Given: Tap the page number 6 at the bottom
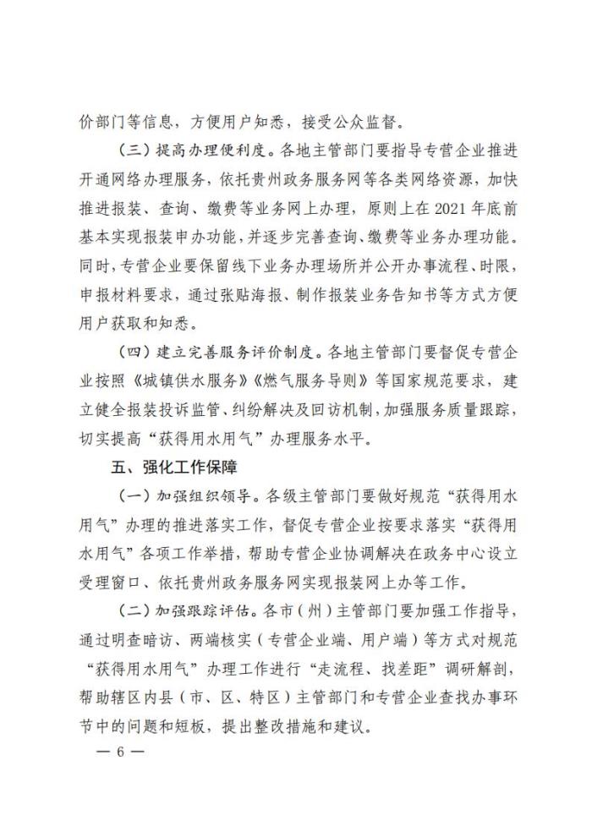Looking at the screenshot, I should click(x=121, y=750).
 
